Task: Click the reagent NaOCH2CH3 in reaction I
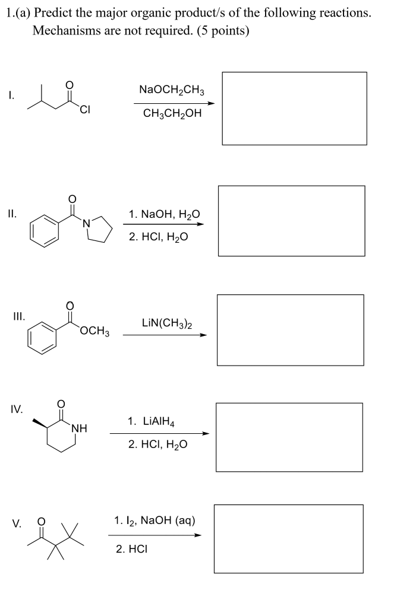[172, 90]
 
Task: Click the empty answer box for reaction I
[294, 108]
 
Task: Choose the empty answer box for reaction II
[291, 221]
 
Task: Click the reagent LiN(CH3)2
[167, 323]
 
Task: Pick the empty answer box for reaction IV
[289, 437]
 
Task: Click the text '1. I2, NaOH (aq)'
[155, 521]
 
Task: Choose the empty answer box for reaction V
[288, 538]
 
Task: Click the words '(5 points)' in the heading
[218, 31]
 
